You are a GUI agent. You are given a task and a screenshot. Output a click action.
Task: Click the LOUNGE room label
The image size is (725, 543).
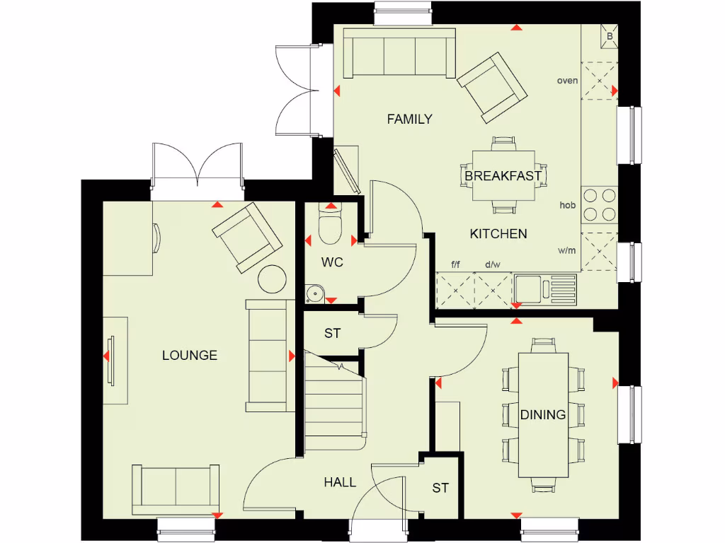189,356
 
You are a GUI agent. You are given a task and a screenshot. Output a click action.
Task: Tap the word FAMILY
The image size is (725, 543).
409,119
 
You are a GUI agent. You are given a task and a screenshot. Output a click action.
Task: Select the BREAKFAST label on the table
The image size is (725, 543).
503,175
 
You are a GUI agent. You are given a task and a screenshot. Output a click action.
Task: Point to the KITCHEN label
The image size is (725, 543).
498,234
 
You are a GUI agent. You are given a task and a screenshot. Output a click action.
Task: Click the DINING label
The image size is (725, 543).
543,415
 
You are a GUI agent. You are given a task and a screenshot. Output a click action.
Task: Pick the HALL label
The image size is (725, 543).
340,482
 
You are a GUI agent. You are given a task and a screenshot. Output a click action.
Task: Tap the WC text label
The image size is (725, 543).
332,262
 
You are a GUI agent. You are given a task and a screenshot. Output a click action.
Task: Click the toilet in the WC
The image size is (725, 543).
331,224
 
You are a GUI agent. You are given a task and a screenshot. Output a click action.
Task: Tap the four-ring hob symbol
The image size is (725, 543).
599,204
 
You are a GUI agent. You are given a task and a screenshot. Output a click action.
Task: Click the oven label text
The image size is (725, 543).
567,81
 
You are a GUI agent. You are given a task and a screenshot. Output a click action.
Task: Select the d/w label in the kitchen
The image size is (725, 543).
492,265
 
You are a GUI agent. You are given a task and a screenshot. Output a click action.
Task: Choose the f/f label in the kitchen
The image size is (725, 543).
455,265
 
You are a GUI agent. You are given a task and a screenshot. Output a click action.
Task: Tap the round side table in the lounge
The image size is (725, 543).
271,279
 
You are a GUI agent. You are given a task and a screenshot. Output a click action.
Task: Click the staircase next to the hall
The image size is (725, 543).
335,399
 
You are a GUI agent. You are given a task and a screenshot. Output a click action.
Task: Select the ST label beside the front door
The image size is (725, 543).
440,488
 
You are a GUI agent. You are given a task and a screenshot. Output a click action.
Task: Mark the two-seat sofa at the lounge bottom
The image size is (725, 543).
176,489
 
